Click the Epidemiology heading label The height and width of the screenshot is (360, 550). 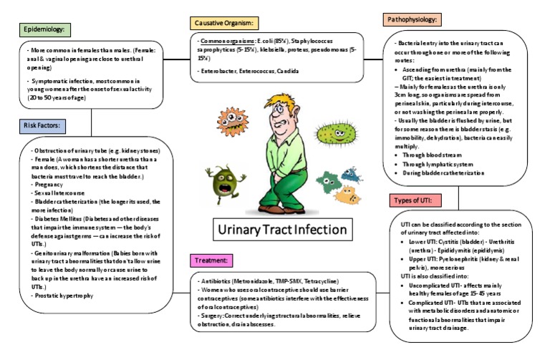44,29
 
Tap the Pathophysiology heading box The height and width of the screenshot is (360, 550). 412,19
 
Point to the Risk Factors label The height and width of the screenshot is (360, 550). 43,127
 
